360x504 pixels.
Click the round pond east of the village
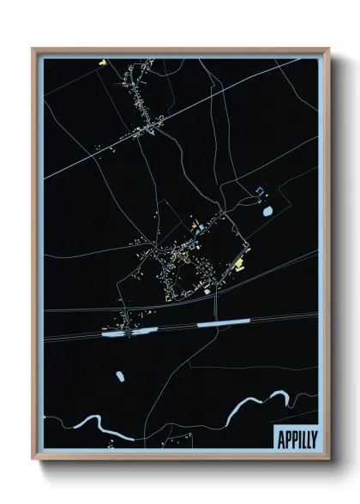click(x=267, y=211)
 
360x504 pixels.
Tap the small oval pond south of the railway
click(x=118, y=375)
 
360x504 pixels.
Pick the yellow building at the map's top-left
click(x=102, y=63)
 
